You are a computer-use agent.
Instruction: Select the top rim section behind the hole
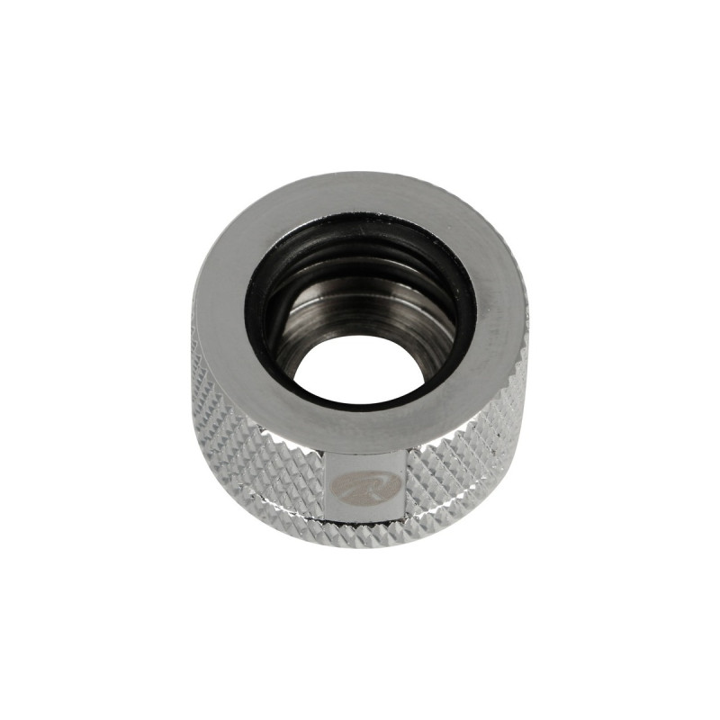click(x=360, y=193)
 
